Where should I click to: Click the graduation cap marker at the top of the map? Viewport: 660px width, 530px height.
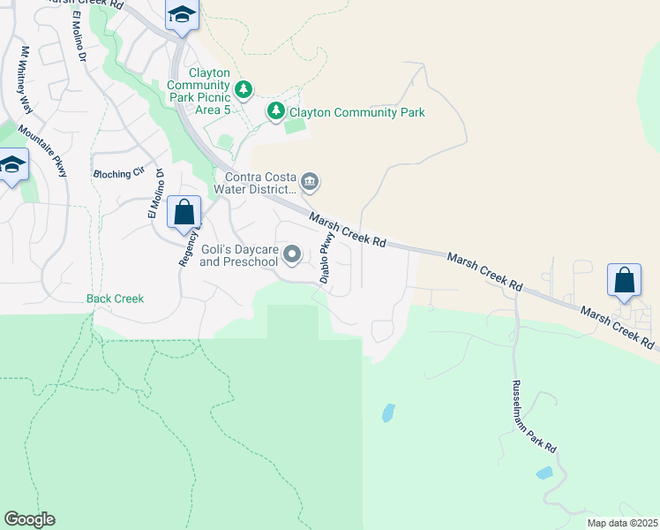pyautogui.click(x=182, y=15)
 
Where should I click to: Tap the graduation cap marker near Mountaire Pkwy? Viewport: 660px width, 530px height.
pyautogui.click(x=12, y=165)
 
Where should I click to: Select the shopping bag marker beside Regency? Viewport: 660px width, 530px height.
pyautogui.click(x=184, y=213)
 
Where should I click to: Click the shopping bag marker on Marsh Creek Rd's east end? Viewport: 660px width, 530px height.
pyautogui.click(x=624, y=281)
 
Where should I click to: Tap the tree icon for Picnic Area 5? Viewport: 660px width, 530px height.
pyautogui.click(x=244, y=89)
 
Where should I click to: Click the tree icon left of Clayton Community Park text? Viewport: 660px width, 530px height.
pyautogui.click(x=277, y=111)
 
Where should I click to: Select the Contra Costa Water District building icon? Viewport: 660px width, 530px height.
pyautogui.click(x=310, y=183)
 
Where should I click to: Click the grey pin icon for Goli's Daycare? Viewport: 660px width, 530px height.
pyautogui.click(x=292, y=255)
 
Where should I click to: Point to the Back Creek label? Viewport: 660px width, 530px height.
pyautogui.click(x=115, y=299)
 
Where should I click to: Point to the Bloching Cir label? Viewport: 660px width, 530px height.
pyautogui.click(x=117, y=174)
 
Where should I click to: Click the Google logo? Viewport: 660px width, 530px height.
pyautogui.click(x=29, y=519)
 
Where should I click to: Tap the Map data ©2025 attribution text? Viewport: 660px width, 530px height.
pyautogui.click(x=622, y=523)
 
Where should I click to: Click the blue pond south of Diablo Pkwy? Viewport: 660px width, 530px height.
pyautogui.click(x=388, y=413)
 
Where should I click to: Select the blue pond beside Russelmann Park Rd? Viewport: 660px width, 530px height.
pyautogui.click(x=544, y=473)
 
